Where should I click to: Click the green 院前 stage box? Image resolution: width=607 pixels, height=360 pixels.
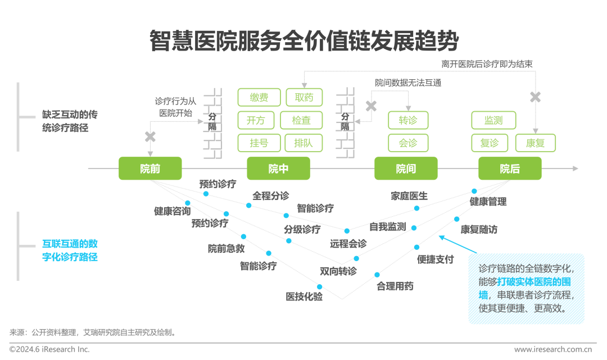150,168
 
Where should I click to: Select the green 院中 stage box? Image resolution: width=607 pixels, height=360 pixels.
278,168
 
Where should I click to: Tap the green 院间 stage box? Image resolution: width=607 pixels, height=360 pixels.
406,168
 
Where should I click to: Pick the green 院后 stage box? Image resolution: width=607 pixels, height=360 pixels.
510,168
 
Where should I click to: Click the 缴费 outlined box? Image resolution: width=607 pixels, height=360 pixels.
259,97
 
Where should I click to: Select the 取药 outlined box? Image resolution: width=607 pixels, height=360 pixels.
304,97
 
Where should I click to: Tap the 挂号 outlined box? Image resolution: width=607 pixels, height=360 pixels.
259,143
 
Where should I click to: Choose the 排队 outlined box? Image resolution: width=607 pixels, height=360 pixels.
303,143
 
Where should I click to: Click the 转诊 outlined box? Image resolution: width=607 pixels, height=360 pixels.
408,120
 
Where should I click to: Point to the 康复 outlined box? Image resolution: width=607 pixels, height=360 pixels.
535,143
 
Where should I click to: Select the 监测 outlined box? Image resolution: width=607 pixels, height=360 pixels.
493,120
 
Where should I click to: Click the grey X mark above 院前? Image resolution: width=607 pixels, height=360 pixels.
150,136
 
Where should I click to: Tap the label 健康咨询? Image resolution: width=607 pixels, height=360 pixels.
173,211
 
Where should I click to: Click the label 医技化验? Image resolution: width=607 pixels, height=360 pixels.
304,297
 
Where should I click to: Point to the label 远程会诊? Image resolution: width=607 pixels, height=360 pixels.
348,244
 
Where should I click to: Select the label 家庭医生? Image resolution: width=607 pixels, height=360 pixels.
409,196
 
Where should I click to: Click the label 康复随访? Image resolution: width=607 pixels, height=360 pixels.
479,230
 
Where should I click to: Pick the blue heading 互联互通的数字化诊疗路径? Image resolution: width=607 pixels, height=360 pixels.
70,250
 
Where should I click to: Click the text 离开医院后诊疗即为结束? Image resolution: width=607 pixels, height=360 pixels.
487,64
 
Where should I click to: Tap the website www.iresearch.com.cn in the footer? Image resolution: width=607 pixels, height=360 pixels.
556,349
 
